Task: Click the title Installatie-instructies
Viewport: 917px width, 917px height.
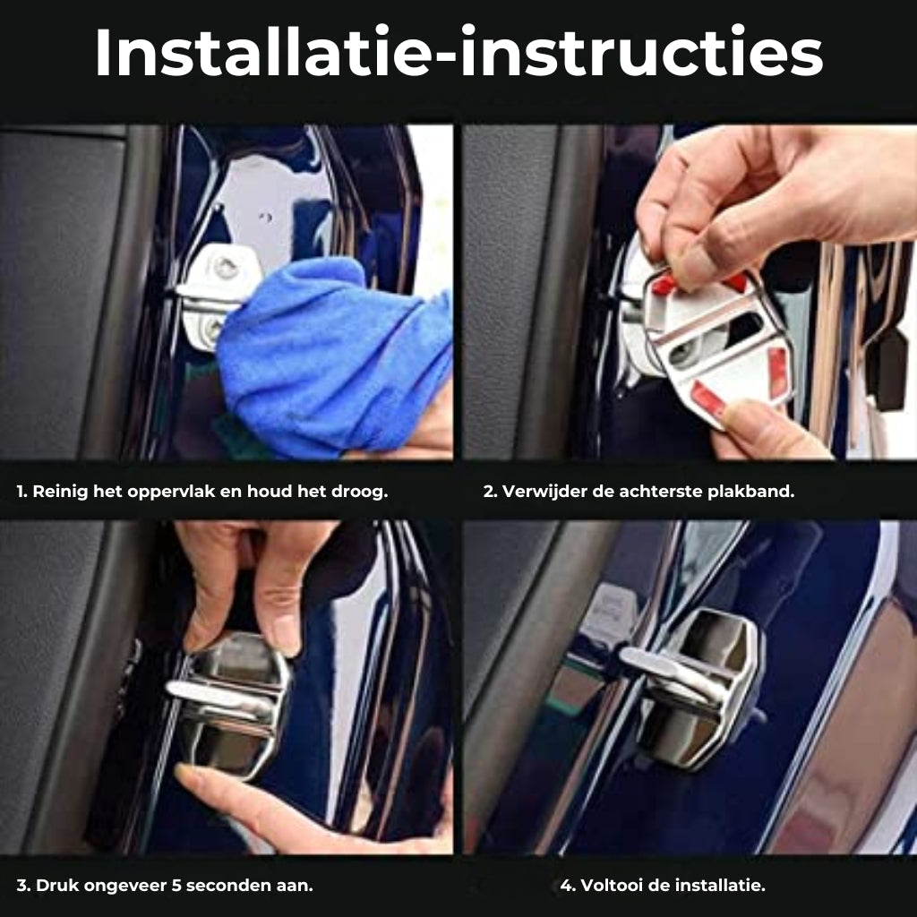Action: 458,54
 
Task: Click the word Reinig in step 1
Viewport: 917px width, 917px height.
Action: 59,492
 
